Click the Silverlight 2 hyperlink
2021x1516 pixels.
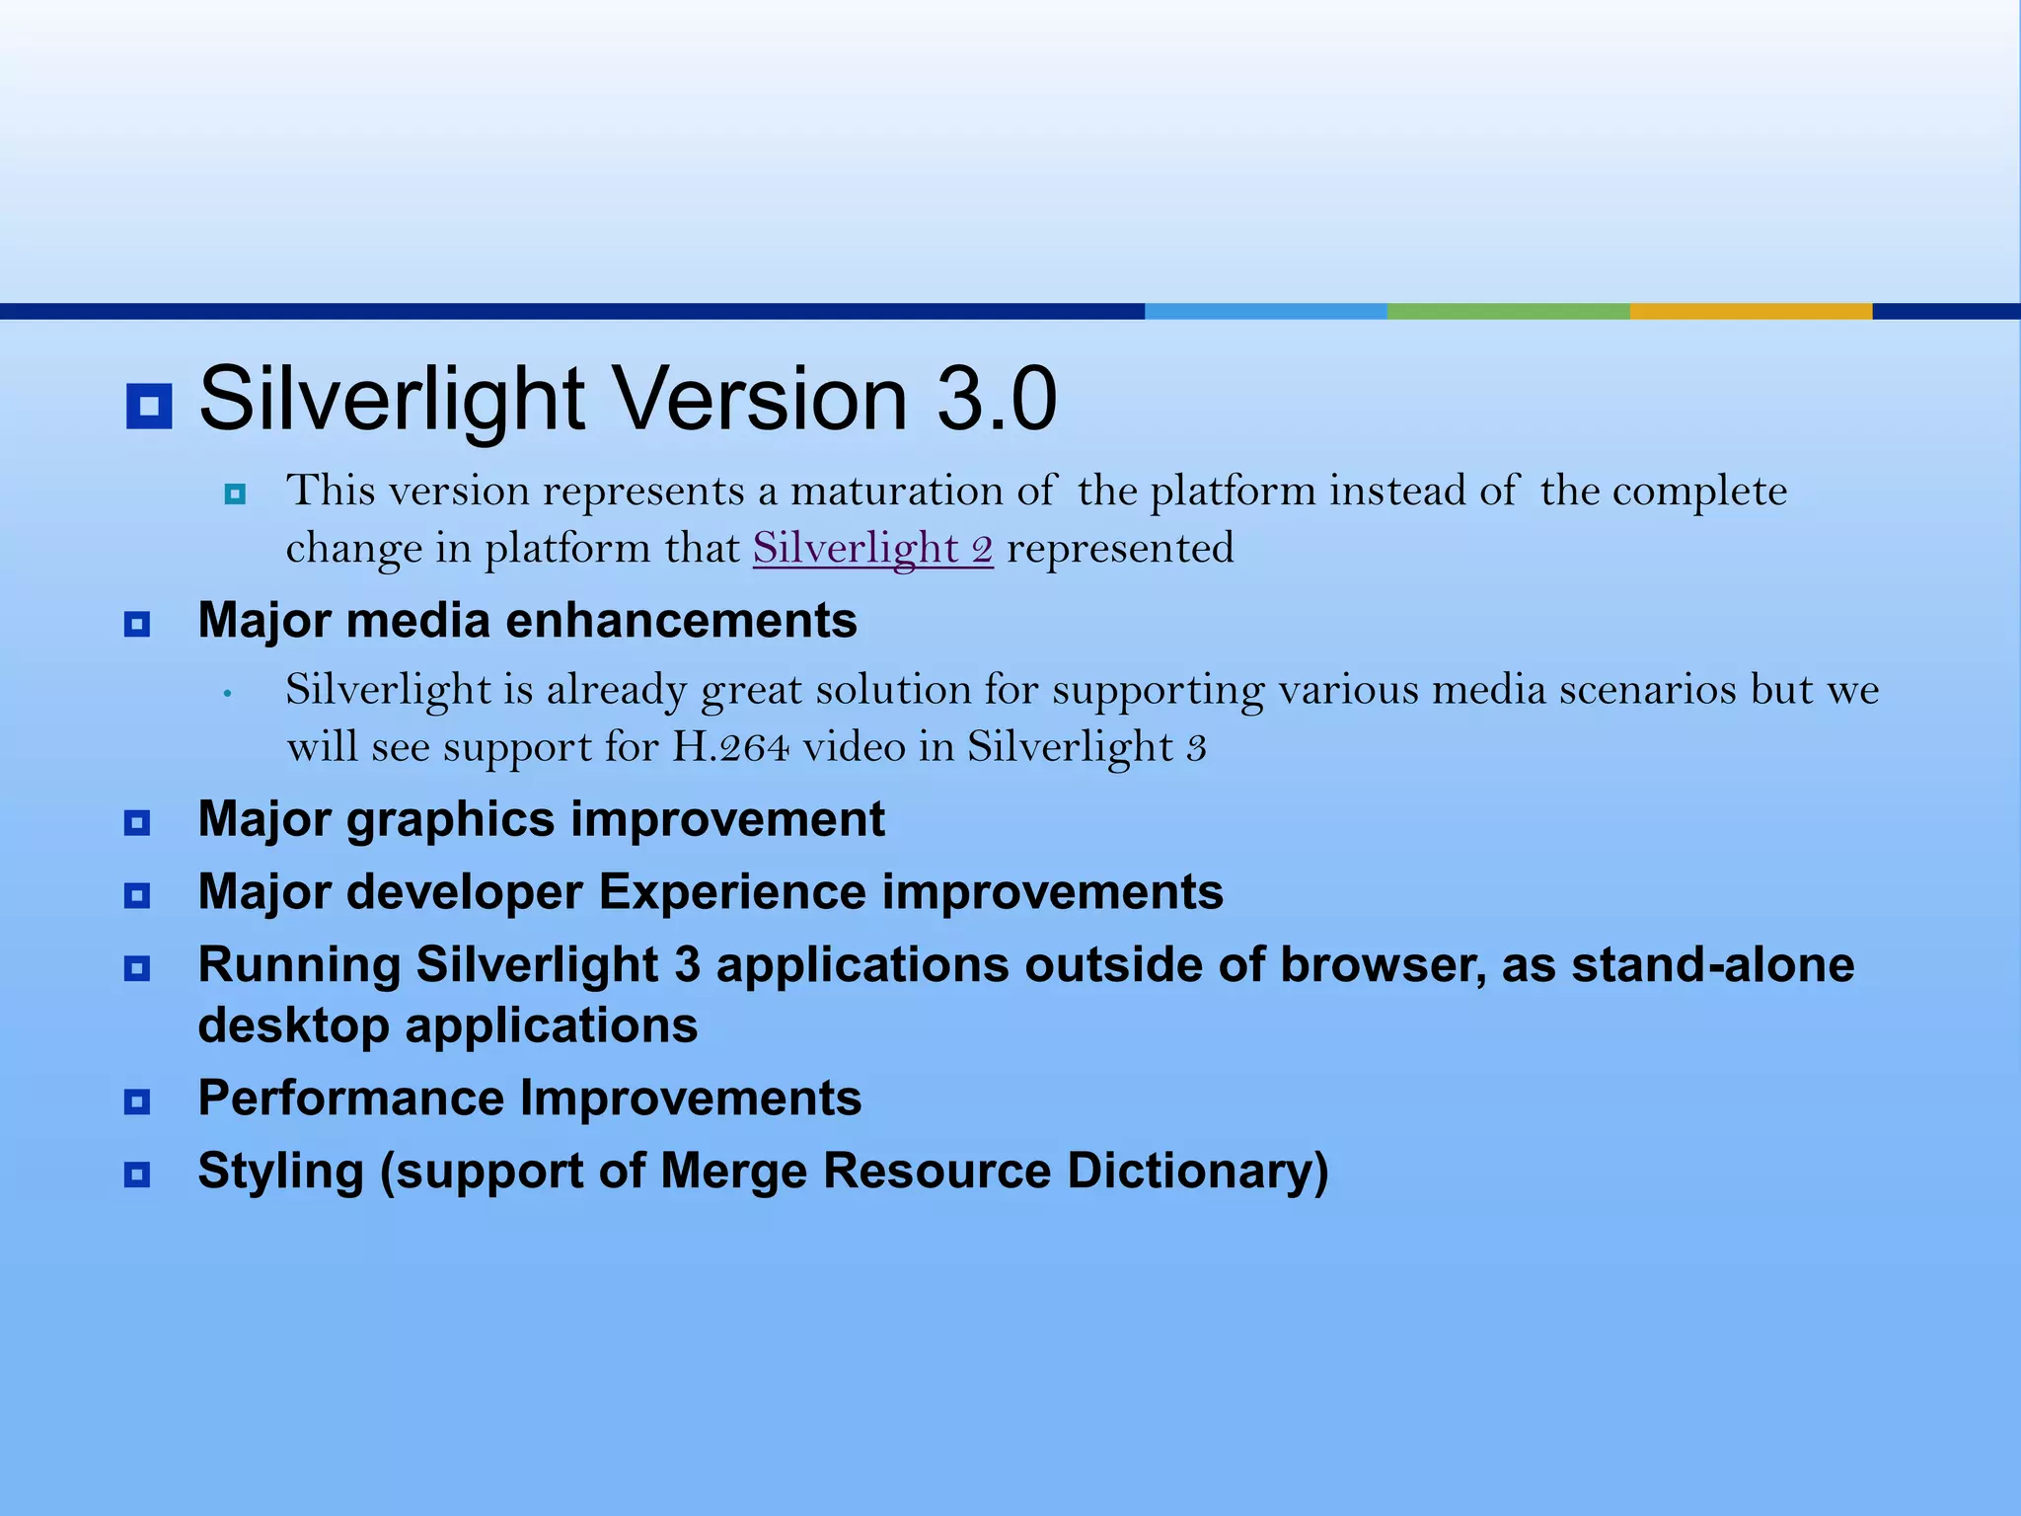pyautogui.click(x=872, y=549)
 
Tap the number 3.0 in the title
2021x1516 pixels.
pyautogui.click(x=997, y=399)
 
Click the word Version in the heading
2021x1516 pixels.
pyautogui.click(x=761, y=399)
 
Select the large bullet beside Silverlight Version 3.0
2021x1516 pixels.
pyautogui.click(x=149, y=406)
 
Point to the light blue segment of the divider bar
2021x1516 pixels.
pyautogui.click(x=1265, y=311)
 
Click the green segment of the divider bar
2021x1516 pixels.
pyautogui.click(x=1508, y=311)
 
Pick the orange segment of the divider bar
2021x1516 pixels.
pyautogui.click(x=1751, y=311)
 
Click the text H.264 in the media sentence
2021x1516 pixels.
pyautogui.click(x=730, y=747)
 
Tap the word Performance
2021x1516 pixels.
pyautogui.click(x=351, y=1099)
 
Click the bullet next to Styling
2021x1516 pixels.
pyautogui.click(x=137, y=1175)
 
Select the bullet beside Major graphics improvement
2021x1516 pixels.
pyautogui.click(x=137, y=822)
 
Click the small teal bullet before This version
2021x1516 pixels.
pyautogui.click(x=235, y=493)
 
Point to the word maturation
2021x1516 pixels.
pyautogui.click(x=923, y=492)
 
